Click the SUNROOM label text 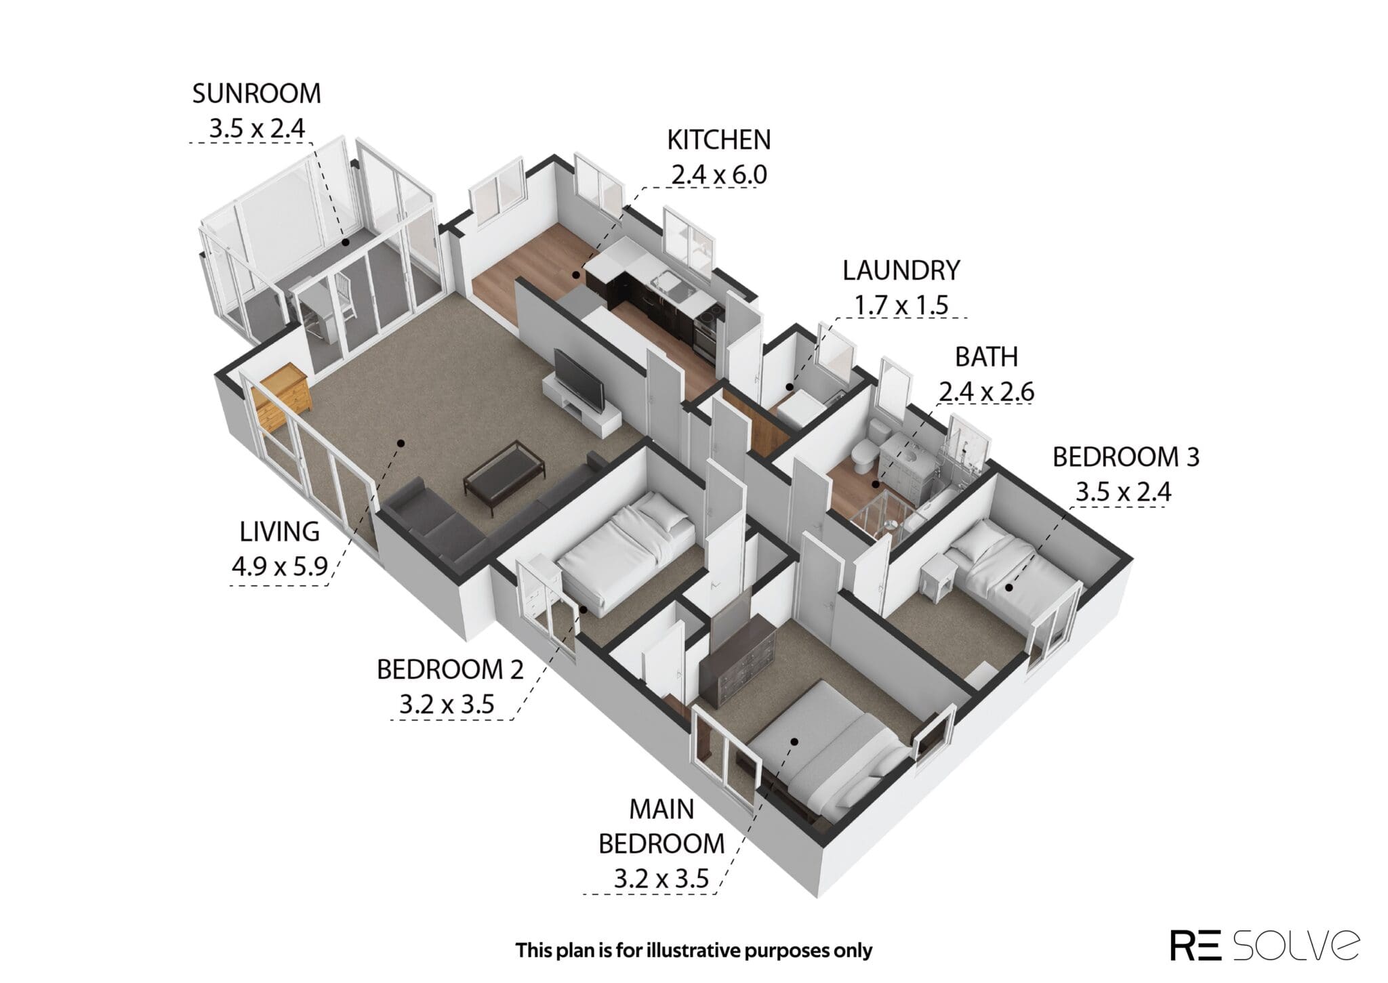pyautogui.click(x=256, y=93)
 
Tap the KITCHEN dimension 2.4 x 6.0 pyautogui.click(x=718, y=175)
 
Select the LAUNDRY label pyautogui.click(x=901, y=270)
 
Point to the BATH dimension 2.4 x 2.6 pyautogui.click(x=986, y=392)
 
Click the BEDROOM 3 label pyautogui.click(x=1126, y=457)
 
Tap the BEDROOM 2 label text pyautogui.click(x=450, y=670)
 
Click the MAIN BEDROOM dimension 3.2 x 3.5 pyautogui.click(x=661, y=879)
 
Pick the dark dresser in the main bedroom pyautogui.click(x=739, y=661)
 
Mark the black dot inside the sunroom pyautogui.click(x=345, y=242)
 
